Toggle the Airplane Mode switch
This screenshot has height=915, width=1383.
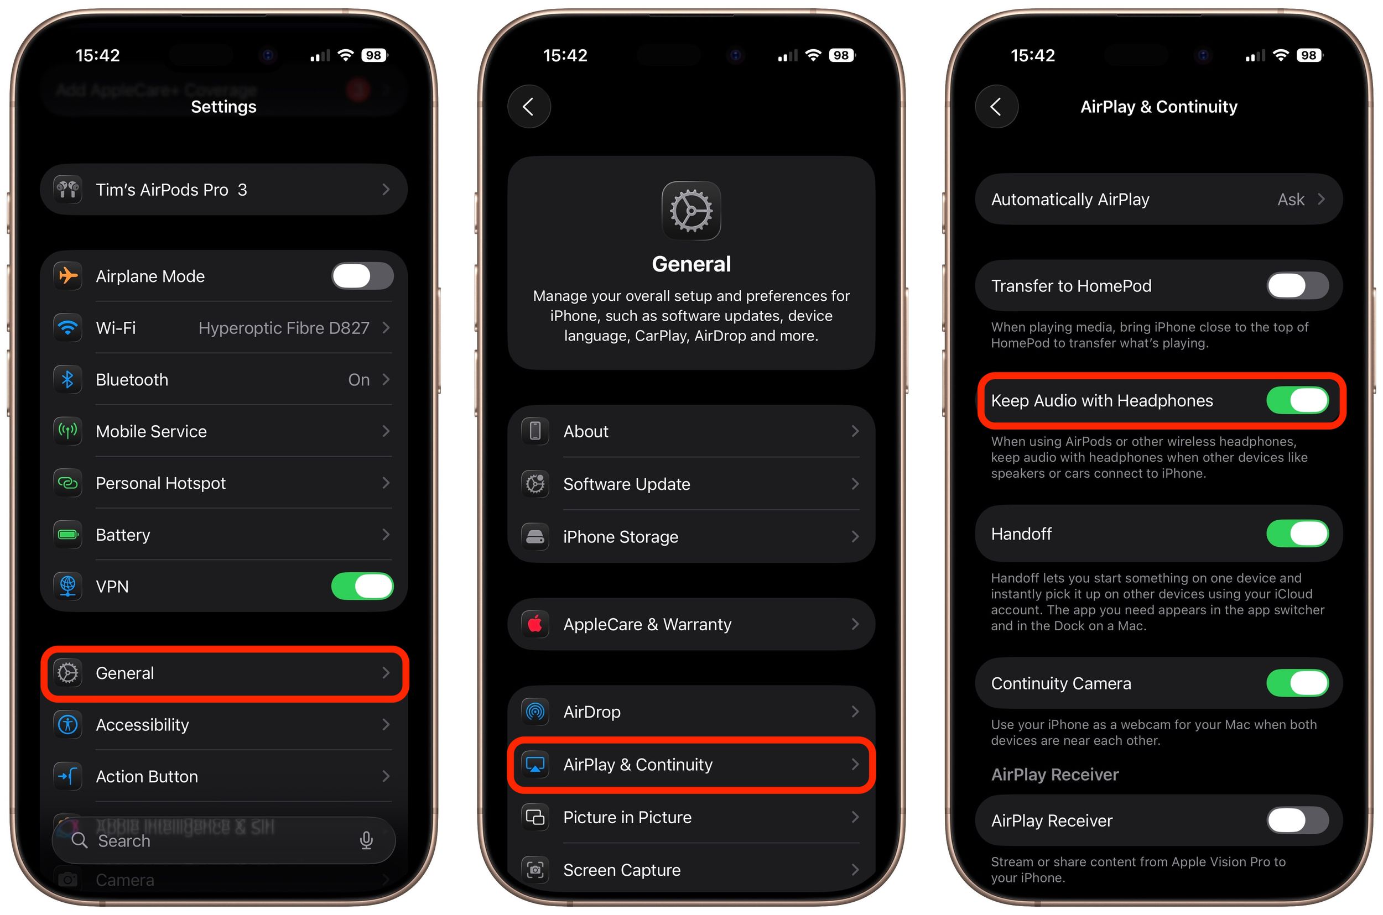click(x=362, y=276)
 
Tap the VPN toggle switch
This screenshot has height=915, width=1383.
click(x=362, y=586)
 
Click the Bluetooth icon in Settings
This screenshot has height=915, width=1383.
click(x=67, y=380)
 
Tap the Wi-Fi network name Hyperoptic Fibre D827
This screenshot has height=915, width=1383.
click(x=284, y=328)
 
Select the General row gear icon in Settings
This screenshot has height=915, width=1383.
click(x=67, y=673)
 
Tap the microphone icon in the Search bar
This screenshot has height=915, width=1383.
click(x=366, y=840)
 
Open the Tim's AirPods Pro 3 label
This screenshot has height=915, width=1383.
click(x=171, y=190)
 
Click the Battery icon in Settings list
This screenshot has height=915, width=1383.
click(x=67, y=535)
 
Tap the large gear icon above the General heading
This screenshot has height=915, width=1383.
click(x=690, y=211)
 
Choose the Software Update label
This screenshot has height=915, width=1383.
click(x=626, y=484)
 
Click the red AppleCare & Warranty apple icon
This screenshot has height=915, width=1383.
click(x=535, y=624)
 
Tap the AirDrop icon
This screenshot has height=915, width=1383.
click(x=535, y=712)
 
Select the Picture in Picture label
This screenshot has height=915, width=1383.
click(x=627, y=817)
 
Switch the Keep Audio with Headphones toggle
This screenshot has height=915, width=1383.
click(x=1297, y=400)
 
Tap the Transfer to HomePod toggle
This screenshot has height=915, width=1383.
click(x=1297, y=286)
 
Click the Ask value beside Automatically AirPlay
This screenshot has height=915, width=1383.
click(x=1290, y=200)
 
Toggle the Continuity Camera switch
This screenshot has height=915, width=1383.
click(x=1297, y=683)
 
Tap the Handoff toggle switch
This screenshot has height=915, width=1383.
click(x=1297, y=534)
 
